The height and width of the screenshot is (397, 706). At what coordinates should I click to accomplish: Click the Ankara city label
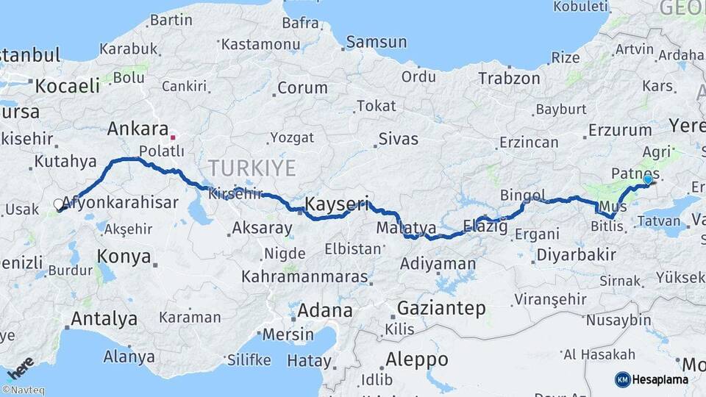pos(138,129)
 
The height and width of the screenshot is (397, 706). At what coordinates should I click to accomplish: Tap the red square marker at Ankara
pos(173,137)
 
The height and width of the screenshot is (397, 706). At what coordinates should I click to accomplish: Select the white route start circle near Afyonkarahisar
pos(59,204)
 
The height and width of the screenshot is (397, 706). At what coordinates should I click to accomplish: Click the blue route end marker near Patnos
pos(647,179)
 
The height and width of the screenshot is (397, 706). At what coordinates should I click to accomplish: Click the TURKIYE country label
pos(252,168)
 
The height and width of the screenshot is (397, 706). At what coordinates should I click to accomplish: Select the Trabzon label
pos(508,78)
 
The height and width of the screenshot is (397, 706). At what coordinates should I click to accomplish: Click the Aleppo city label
pos(416,360)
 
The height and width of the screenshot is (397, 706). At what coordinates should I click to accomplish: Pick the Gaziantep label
pos(441,308)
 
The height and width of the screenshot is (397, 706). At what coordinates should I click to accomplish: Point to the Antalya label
pos(104,319)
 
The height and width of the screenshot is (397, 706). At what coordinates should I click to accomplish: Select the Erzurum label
pos(620,131)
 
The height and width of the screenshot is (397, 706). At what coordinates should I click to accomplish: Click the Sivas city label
pos(398,139)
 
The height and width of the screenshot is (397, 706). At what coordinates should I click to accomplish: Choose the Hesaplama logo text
pos(660,379)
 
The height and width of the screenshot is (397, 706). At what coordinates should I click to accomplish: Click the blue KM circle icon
pos(622,379)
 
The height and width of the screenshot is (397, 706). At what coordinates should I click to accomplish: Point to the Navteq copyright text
pos(23,390)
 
